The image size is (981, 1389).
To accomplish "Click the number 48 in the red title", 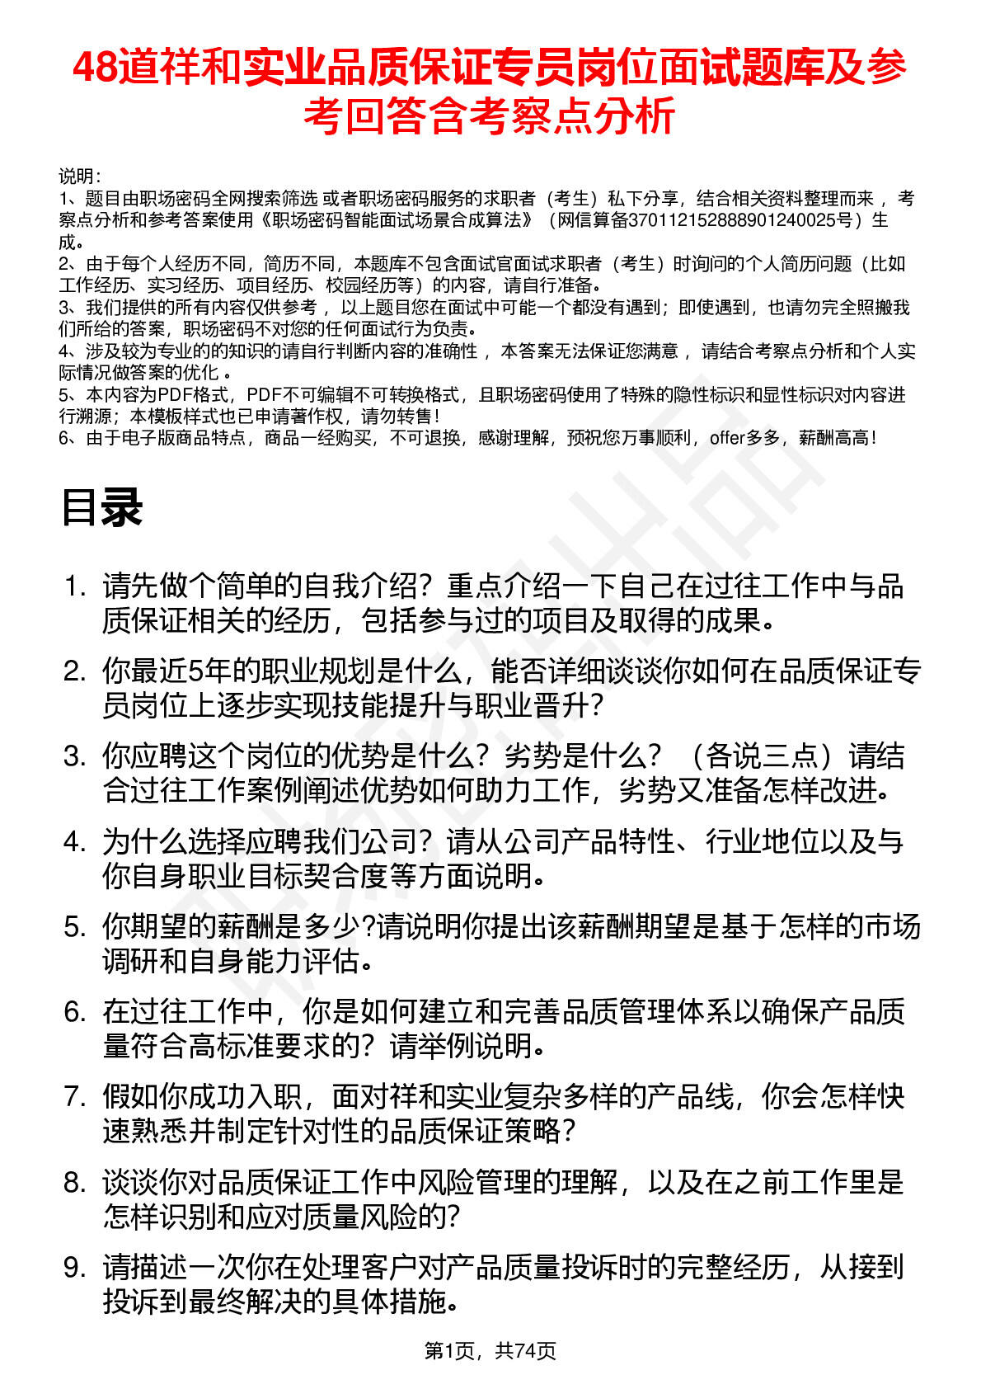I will click(x=95, y=68).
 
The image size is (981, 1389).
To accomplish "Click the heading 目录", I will click(x=101, y=507).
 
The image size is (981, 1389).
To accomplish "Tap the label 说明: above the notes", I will click(x=80, y=177).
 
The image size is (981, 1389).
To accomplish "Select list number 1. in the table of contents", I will click(x=75, y=586).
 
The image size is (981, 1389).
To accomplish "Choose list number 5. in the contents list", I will click(x=75, y=927).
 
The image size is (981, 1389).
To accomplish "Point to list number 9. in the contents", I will click(x=75, y=1267).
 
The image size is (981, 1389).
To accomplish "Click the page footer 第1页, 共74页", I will click(x=490, y=1350).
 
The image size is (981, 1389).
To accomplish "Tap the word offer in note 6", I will click(x=726, y=438).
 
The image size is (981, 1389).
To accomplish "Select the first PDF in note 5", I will click(x=175, y=395).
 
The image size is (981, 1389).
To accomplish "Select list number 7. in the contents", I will click(x=75, y=1097).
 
